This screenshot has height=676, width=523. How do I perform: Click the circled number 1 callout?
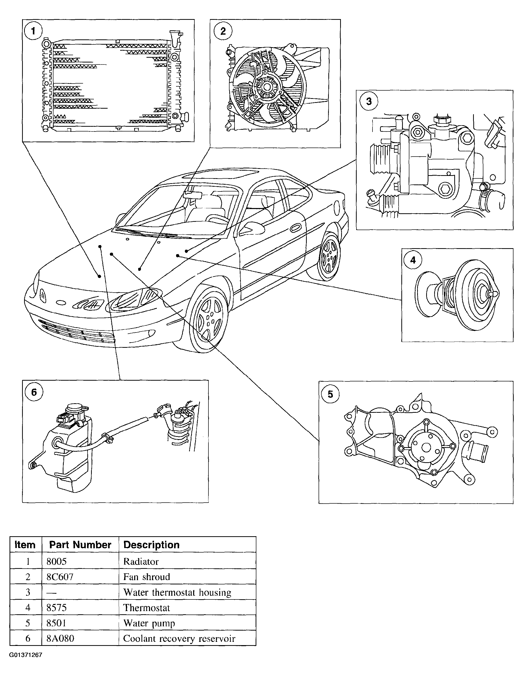coord(33,31)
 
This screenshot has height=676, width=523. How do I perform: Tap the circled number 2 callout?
coord(223,31)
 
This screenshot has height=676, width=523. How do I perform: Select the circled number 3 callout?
coord(368,101)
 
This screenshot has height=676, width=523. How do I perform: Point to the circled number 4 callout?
coord(413,260)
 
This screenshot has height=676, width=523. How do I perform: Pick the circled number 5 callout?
coord(330,394)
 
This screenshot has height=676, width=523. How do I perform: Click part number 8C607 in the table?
coord(60,577)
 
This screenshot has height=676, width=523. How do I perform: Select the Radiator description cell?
coord(141,562)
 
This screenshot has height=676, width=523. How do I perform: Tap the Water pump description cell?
coord(149,623)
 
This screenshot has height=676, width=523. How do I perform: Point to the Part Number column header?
coord(80,545)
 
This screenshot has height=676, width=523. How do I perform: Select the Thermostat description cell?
coord(147,607)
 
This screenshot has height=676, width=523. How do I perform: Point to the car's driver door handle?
coord(295,228)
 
